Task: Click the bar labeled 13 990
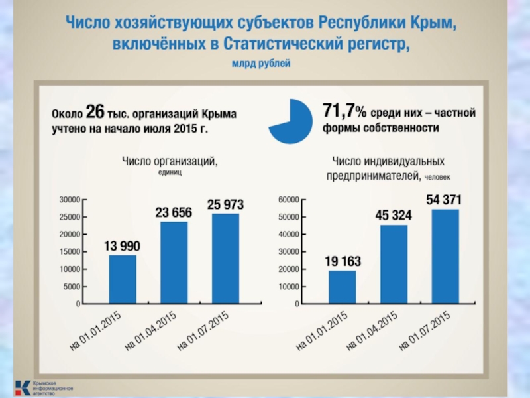tap(123, 279)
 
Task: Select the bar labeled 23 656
tap(174, 263)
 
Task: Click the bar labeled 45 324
tap(394, 264)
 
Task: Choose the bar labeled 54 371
tap(445, 257)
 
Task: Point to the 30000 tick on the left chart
tap(69, 199)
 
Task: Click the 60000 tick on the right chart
tap(288, 199)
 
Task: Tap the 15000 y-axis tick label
tap(69, 252)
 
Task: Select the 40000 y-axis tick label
tap(288, 234)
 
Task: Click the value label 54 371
tap(444, 199)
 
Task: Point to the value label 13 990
tap(122, 245)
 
